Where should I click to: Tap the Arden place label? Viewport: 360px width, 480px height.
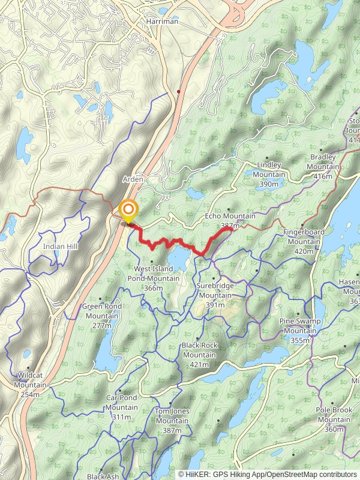pyautogui.click(x=132, y=179)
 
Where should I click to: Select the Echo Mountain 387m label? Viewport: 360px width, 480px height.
pyautogui.click(x=230, y=220)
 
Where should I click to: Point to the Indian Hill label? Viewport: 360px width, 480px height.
pyautogui.click(x=58, y=247)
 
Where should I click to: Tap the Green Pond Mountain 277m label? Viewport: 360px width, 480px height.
pyautogui.click(x=102, y=316)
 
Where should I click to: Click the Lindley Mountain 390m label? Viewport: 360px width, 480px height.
pyautogui.click(x=269, y=174)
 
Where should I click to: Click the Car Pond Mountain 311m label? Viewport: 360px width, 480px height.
pyautogui.click(x=121, y=407)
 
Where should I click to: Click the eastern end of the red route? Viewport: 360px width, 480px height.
pyautogui.click(x=232, y=229)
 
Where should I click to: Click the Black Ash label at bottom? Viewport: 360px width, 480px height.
pyautogui.click(x=103, y=476)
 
